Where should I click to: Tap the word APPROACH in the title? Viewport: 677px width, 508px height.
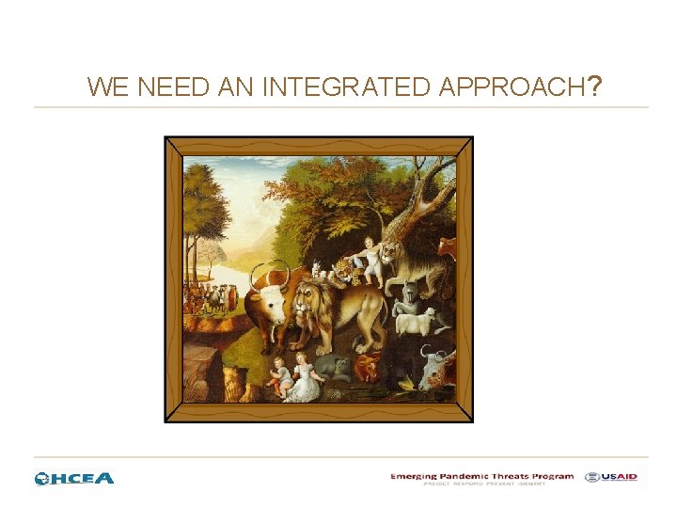click(509, 87)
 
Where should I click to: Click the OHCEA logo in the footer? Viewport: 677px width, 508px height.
click(74, 478)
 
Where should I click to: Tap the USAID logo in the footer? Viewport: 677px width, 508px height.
click(610, 477)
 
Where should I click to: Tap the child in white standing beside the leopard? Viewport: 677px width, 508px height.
click(371, 260)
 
